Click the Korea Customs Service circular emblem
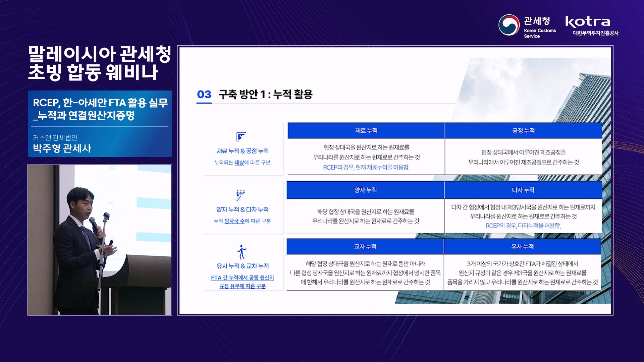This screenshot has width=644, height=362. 509,25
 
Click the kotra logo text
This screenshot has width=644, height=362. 587,22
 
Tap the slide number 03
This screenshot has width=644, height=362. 204,94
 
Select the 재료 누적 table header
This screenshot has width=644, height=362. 366,131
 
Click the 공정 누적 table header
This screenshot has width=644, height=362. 523,131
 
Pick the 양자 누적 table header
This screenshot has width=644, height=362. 365,190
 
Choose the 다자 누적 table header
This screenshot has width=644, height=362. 523,190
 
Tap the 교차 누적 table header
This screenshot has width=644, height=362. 365,246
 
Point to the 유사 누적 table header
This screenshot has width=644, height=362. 523,246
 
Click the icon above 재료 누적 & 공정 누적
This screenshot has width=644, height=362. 241,136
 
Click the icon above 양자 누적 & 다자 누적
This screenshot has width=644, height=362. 240,195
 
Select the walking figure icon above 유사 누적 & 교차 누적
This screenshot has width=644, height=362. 241,252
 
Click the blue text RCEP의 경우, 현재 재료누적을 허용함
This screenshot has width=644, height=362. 366,167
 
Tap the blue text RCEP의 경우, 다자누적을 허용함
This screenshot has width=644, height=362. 523,226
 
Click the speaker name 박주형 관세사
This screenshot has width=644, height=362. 62,148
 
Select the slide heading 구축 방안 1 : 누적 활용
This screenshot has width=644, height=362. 265,94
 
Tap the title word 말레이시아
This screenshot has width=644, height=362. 72,54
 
